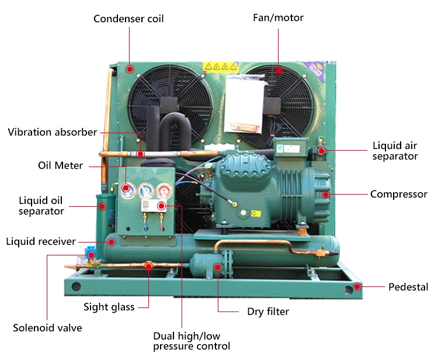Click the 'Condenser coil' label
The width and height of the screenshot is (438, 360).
coord(128,19)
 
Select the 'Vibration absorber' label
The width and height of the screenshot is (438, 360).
coord(52,132)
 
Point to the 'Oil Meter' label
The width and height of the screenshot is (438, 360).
coord(60,166)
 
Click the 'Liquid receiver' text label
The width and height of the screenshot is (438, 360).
coord(41,241)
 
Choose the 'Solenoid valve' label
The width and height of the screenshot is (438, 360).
coord(47,328)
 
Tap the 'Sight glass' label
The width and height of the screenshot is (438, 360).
coord(109,307)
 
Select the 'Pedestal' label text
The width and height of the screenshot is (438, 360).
coord(408,287)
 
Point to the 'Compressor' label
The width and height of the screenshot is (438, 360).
coord(399,194)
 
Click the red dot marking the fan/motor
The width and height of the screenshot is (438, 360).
coord(279,71)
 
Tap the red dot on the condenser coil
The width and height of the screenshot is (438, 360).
coord(130,69)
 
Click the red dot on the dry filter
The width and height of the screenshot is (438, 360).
coord(218,267)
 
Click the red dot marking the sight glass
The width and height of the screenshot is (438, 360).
coord(148,266)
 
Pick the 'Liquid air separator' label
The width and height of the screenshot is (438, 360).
coord(395,151)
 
